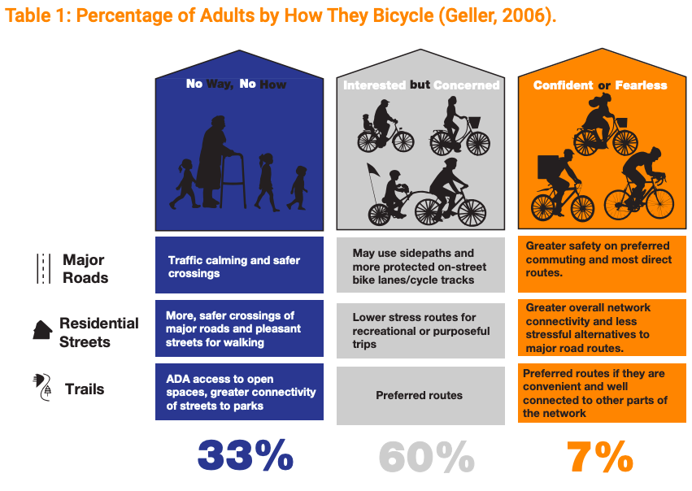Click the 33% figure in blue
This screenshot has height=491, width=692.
245,456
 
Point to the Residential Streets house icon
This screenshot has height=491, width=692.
42,330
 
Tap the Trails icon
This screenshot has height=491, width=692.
42,389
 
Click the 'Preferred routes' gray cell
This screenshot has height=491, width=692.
419,396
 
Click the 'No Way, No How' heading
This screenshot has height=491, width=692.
236,84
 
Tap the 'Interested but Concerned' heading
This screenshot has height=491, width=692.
420,85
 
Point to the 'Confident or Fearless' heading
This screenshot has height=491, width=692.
600,85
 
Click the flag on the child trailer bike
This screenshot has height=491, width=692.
374,172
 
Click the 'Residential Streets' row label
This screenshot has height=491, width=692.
98,331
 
